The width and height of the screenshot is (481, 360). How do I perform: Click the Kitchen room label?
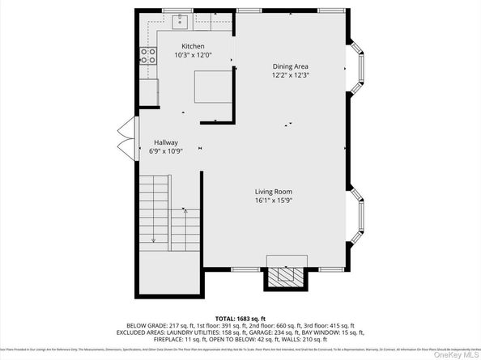tap(193, 46)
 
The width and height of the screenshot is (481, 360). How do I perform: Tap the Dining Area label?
tap(290, 66)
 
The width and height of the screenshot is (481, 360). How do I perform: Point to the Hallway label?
tap(165, 142)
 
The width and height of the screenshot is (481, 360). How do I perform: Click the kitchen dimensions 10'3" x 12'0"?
tap(193, 55)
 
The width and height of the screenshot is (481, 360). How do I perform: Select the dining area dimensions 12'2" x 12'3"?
tap(290, 75)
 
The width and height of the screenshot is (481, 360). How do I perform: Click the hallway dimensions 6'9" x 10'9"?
tap(165, 151)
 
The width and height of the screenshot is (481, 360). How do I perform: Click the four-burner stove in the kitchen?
tap(148, 56)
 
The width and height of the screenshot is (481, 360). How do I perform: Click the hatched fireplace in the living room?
tap(287, 276)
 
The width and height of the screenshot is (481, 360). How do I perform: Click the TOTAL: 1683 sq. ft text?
tap(240, 320)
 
